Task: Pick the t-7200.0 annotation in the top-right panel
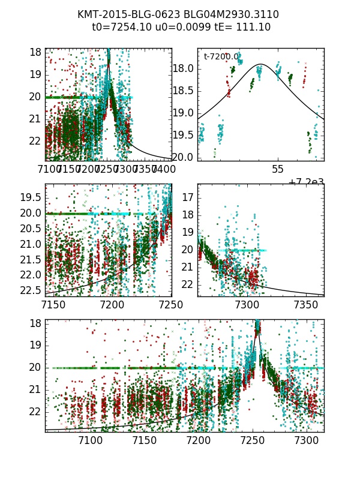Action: tap(221, 56)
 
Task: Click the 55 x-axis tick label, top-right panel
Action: tap(277, 170)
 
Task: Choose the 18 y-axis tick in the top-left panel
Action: tap(35, 52)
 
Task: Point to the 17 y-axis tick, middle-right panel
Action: tap(187, 197)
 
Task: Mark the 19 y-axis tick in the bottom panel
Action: tap(35, 345)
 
